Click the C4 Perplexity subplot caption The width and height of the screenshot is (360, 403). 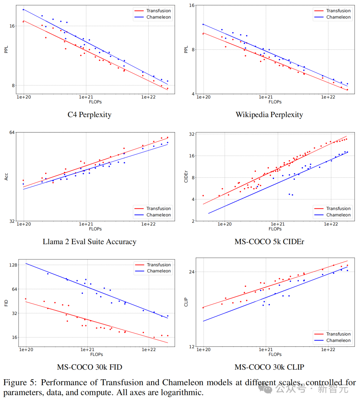(89, 115)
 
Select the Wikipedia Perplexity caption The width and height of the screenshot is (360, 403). (269, 115)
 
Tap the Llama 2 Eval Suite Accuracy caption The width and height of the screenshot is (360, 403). (89, 242)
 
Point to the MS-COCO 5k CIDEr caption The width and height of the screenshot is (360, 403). (269, 242)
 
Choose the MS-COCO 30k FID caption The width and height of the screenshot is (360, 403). (89, 367)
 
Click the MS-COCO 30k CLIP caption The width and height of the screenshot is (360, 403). (269, 367)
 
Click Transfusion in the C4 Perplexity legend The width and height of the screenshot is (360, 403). (158, 11)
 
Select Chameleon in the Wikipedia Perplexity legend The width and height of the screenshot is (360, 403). (338, 17)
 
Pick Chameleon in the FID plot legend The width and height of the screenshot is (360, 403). (159, 271)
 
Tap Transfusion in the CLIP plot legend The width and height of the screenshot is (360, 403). (338, 334)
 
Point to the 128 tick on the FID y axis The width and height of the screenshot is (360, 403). (13, 265)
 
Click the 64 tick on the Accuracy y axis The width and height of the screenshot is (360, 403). (12, 132)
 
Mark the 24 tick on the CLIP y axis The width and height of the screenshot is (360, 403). (191, 272)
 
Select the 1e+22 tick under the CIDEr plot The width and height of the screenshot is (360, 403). (331, 224)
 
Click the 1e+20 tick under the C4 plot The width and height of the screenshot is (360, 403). (24, 97)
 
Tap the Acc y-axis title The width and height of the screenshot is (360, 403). (6, 177)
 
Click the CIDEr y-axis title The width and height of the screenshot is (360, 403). (186, 177)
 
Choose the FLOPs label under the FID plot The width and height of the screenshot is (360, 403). (96, 354)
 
